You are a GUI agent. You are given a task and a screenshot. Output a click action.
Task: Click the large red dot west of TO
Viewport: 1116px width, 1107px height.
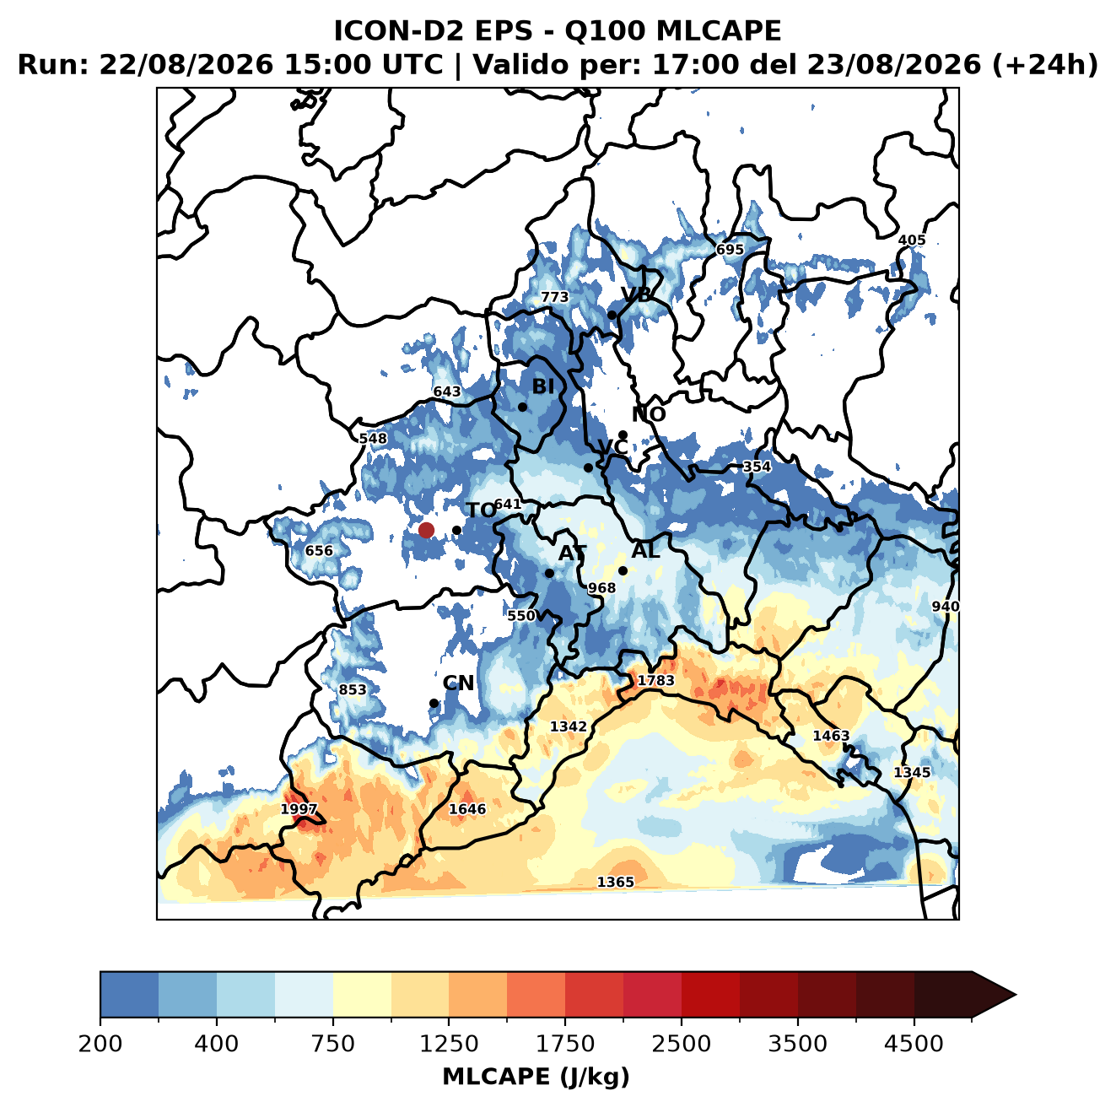click(426, 530)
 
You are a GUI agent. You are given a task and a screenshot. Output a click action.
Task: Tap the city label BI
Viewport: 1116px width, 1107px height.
click(542, 386)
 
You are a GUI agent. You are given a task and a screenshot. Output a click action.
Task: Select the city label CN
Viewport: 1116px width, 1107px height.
click(458, 683)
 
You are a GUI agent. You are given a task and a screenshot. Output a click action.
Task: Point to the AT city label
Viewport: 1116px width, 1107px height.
click(572, 553)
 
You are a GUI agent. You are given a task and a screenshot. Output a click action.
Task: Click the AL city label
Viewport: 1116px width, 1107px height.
click(645, 550)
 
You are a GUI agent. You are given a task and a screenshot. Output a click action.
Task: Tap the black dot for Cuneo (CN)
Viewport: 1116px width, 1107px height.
click(434, 703)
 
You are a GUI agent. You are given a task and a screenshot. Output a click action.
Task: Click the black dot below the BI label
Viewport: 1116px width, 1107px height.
click(522, 408)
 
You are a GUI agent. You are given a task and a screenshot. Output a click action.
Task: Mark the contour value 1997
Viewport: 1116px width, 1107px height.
click(299, 809)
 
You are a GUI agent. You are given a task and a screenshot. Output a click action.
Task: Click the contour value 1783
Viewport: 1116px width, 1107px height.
click(655, 680)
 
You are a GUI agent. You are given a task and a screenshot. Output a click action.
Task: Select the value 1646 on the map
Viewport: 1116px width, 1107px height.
click(467, 808)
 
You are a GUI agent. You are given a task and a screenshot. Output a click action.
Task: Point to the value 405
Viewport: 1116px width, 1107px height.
click(912, 240)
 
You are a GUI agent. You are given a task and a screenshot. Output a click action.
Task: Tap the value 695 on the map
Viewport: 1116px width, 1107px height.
click(730, 250)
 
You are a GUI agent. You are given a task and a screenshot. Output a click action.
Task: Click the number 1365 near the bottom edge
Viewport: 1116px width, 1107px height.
click(616, 883)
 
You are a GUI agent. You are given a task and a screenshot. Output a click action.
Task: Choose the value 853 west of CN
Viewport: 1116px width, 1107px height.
click(352, 690)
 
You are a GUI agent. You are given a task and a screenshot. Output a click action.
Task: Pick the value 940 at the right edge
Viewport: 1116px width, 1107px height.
click(945, 607)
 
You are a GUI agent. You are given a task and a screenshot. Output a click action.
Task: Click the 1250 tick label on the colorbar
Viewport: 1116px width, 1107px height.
click(449, 1044)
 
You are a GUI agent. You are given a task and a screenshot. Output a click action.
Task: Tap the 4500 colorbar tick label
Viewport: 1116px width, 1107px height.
click(914, 1044)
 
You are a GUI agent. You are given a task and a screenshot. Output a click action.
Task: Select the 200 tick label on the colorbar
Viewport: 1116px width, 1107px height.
click(100, 1044)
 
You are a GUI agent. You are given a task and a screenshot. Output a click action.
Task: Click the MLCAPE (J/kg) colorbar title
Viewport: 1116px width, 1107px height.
click(536, 1077)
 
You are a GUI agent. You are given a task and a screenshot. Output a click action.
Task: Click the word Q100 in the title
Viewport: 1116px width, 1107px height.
click(605, 30)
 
